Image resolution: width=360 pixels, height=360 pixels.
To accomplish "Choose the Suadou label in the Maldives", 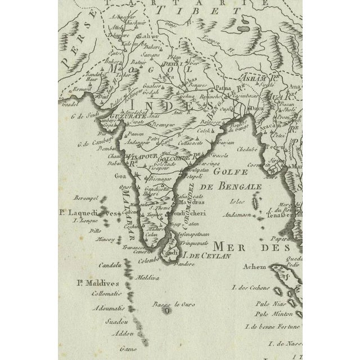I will click(118, 322).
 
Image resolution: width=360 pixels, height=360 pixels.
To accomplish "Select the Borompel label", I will click(87, 198).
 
